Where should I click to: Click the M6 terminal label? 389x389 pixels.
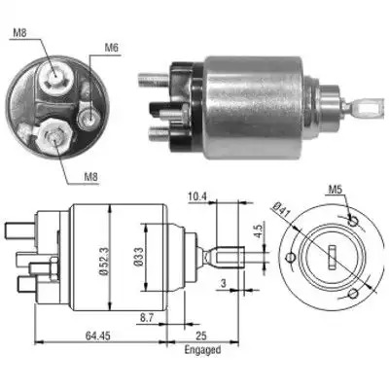coord(111,48)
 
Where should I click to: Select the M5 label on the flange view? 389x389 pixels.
coord(336,190)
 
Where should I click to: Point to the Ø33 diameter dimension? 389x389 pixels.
coord(138,257)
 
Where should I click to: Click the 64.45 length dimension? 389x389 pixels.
coord(97,336)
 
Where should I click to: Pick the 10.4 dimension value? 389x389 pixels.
coord(197,196)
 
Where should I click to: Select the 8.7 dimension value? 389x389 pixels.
coord(147,318)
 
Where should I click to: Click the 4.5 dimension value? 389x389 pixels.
coord(259,231)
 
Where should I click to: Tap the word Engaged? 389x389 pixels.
coord(202,350)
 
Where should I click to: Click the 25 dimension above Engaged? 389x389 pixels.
coord(201,336)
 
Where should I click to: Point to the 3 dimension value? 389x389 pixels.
coord(223,284)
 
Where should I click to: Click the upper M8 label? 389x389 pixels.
coord(19,33)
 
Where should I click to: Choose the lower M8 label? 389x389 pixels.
coord(90,177)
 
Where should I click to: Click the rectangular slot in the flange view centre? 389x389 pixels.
coord(332,258)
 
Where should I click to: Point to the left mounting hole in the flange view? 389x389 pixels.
coord(290,258)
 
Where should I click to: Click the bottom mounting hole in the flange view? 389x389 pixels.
coord(353,294)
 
